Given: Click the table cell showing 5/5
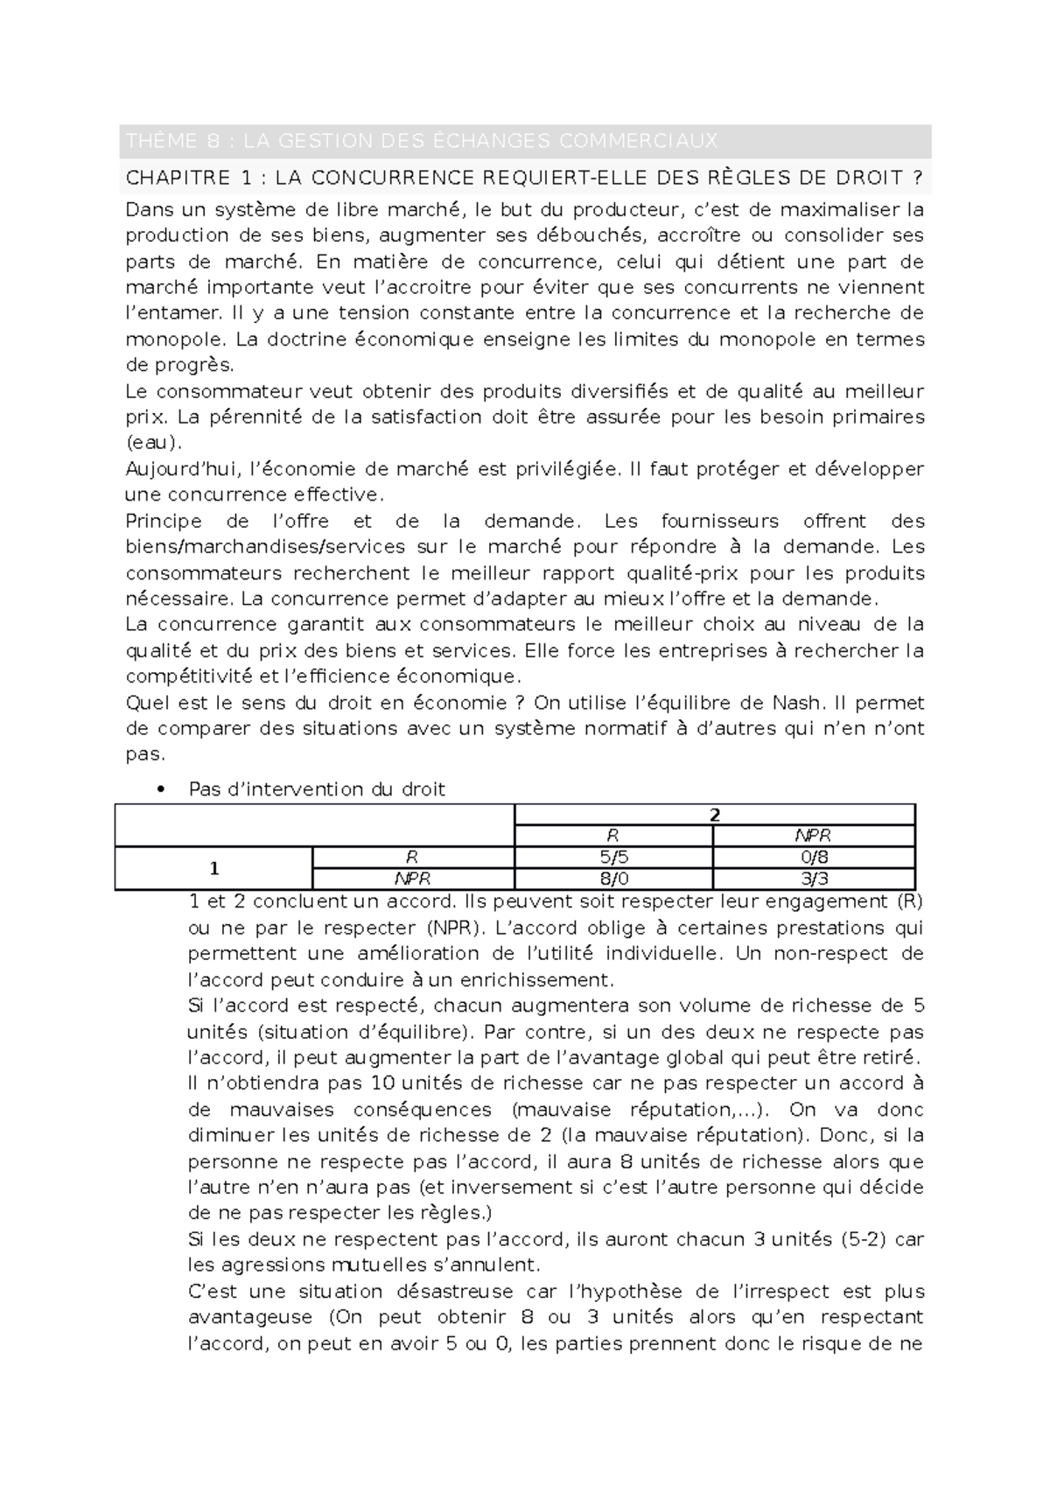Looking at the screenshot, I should pyautogui.click(x=613, y=858).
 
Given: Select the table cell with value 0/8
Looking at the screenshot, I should pyautogui.click(x=814, y=858).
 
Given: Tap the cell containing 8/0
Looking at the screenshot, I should pyautogui.click(x=613, y=879).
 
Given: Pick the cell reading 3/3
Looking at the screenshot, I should pyautogui.click(x=814, y=879).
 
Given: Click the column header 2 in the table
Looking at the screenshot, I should pyautogui.click(x=714, y=815).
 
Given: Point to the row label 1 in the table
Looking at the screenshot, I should pyautogui.click(x=213, y=868).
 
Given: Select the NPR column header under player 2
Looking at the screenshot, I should pyautogui.click(x=814, y=836).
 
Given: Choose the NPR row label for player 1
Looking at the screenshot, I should pyautogui.click(x=413, y=879).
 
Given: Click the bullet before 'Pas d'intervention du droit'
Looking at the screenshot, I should pyautogui.click(x=159, y=789).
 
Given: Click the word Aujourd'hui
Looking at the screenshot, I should pyautogui.click(x=181, y=469).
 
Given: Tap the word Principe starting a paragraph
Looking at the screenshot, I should pyautogui.click(x=164, y=522).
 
